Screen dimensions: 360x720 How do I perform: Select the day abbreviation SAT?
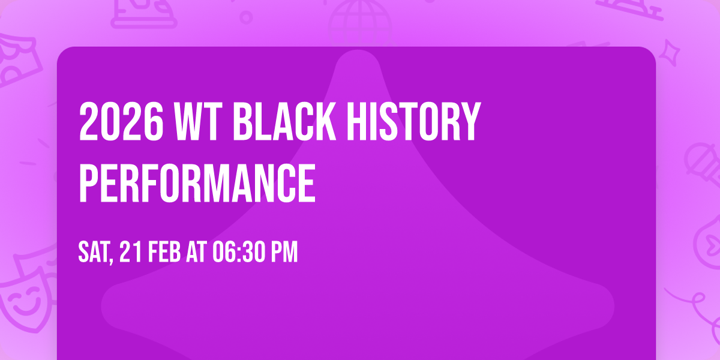[95, 253]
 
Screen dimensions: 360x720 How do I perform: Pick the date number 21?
[131, 253]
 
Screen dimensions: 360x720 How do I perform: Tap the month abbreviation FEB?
[165, 253]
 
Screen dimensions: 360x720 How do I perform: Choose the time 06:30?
[239, 253]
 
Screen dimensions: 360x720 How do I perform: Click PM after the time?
[283, 253]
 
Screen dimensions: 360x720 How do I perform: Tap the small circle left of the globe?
[246, 17]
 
